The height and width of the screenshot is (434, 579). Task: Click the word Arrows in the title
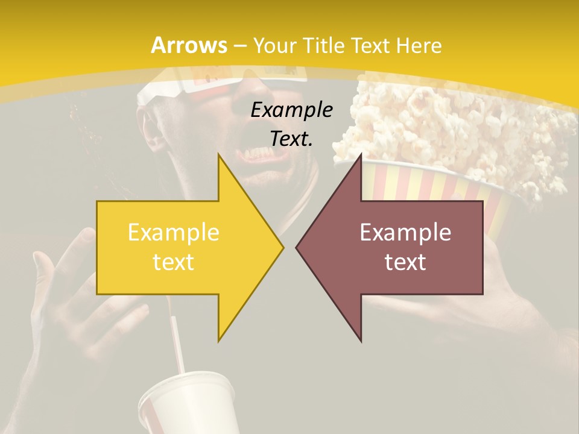(x=189, y=45)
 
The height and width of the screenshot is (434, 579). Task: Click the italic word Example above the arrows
(x=291, y=110)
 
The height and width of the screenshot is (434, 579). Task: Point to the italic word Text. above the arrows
(x=291, y=139)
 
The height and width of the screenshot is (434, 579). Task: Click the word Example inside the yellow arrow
(x=173, y=233)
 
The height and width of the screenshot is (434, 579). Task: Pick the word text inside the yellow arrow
(x=173, y=262)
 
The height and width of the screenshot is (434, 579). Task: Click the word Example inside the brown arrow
(x=405, y=233)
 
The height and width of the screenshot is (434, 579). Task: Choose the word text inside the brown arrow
(x=405, y=262)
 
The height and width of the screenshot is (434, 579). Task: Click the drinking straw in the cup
(x=178, y=344)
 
